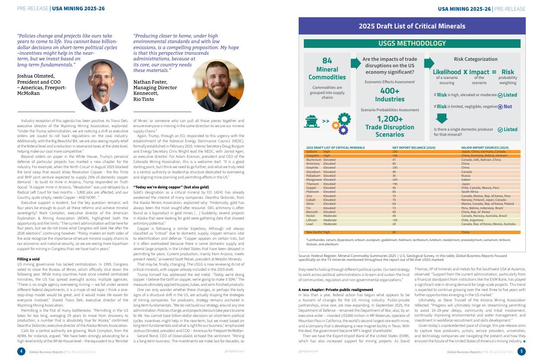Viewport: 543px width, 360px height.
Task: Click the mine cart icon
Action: click(312, 122)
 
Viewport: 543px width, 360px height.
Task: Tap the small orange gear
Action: click(336, 125)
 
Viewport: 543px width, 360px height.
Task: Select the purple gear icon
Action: click(343, 129)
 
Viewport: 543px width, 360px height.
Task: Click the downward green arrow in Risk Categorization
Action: click(442, 118)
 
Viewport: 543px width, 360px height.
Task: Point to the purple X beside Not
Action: click(500, 106)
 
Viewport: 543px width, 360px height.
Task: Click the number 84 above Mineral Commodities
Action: click(327, 61)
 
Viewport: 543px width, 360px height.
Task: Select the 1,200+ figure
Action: click(390, 119)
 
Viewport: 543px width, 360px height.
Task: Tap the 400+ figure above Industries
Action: click(390, 91)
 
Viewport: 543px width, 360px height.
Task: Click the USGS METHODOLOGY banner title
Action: click(412, 44)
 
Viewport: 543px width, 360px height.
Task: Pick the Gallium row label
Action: click(311, 152)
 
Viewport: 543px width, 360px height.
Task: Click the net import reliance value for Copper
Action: click(394, 188)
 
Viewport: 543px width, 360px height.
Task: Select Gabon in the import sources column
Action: click(465, 180)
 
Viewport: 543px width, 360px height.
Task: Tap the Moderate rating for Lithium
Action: click(330, 220)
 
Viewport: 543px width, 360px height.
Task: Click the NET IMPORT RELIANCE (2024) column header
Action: click(414, 147)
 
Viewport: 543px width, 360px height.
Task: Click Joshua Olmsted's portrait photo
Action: click(101, 85)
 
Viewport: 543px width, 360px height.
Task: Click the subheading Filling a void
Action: click(29, 259)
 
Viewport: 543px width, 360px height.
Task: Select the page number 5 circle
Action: click(521, 351)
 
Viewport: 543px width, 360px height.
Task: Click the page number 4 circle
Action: click(21, 351)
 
